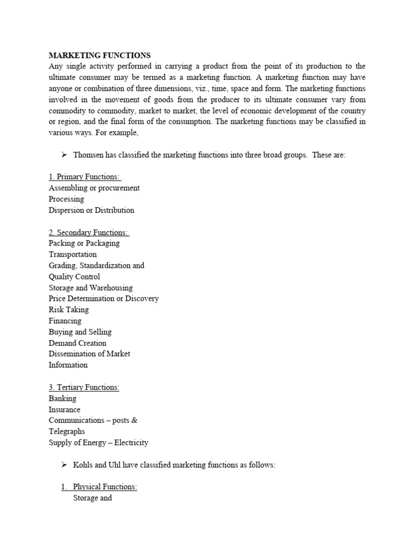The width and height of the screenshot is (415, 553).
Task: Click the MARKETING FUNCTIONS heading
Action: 99,56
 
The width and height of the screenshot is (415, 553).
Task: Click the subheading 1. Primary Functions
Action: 85,177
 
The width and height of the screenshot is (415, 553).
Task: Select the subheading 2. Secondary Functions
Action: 89,232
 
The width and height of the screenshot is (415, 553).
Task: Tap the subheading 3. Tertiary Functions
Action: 84,387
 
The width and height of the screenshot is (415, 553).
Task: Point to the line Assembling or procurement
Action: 94,188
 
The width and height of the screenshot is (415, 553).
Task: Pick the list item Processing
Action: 66,199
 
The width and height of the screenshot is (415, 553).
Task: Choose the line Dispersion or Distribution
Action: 91,210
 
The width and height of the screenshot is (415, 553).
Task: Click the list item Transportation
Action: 73,254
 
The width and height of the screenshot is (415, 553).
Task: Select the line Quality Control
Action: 74,276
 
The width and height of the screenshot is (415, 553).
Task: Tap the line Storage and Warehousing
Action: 90,288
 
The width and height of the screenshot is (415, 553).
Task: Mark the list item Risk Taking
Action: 69,310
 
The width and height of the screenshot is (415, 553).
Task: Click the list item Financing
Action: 65,321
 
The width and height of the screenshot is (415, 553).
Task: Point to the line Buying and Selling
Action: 80,332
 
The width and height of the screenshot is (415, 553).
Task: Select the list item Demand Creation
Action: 77,343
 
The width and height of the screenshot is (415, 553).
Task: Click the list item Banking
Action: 63,399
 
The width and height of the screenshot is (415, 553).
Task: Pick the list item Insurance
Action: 65,410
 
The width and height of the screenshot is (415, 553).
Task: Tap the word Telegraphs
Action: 67,431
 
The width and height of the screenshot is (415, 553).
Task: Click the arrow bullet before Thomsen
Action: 64,155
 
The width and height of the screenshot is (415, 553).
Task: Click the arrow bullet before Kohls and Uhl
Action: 64,465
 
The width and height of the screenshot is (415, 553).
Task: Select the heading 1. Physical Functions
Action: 99,487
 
